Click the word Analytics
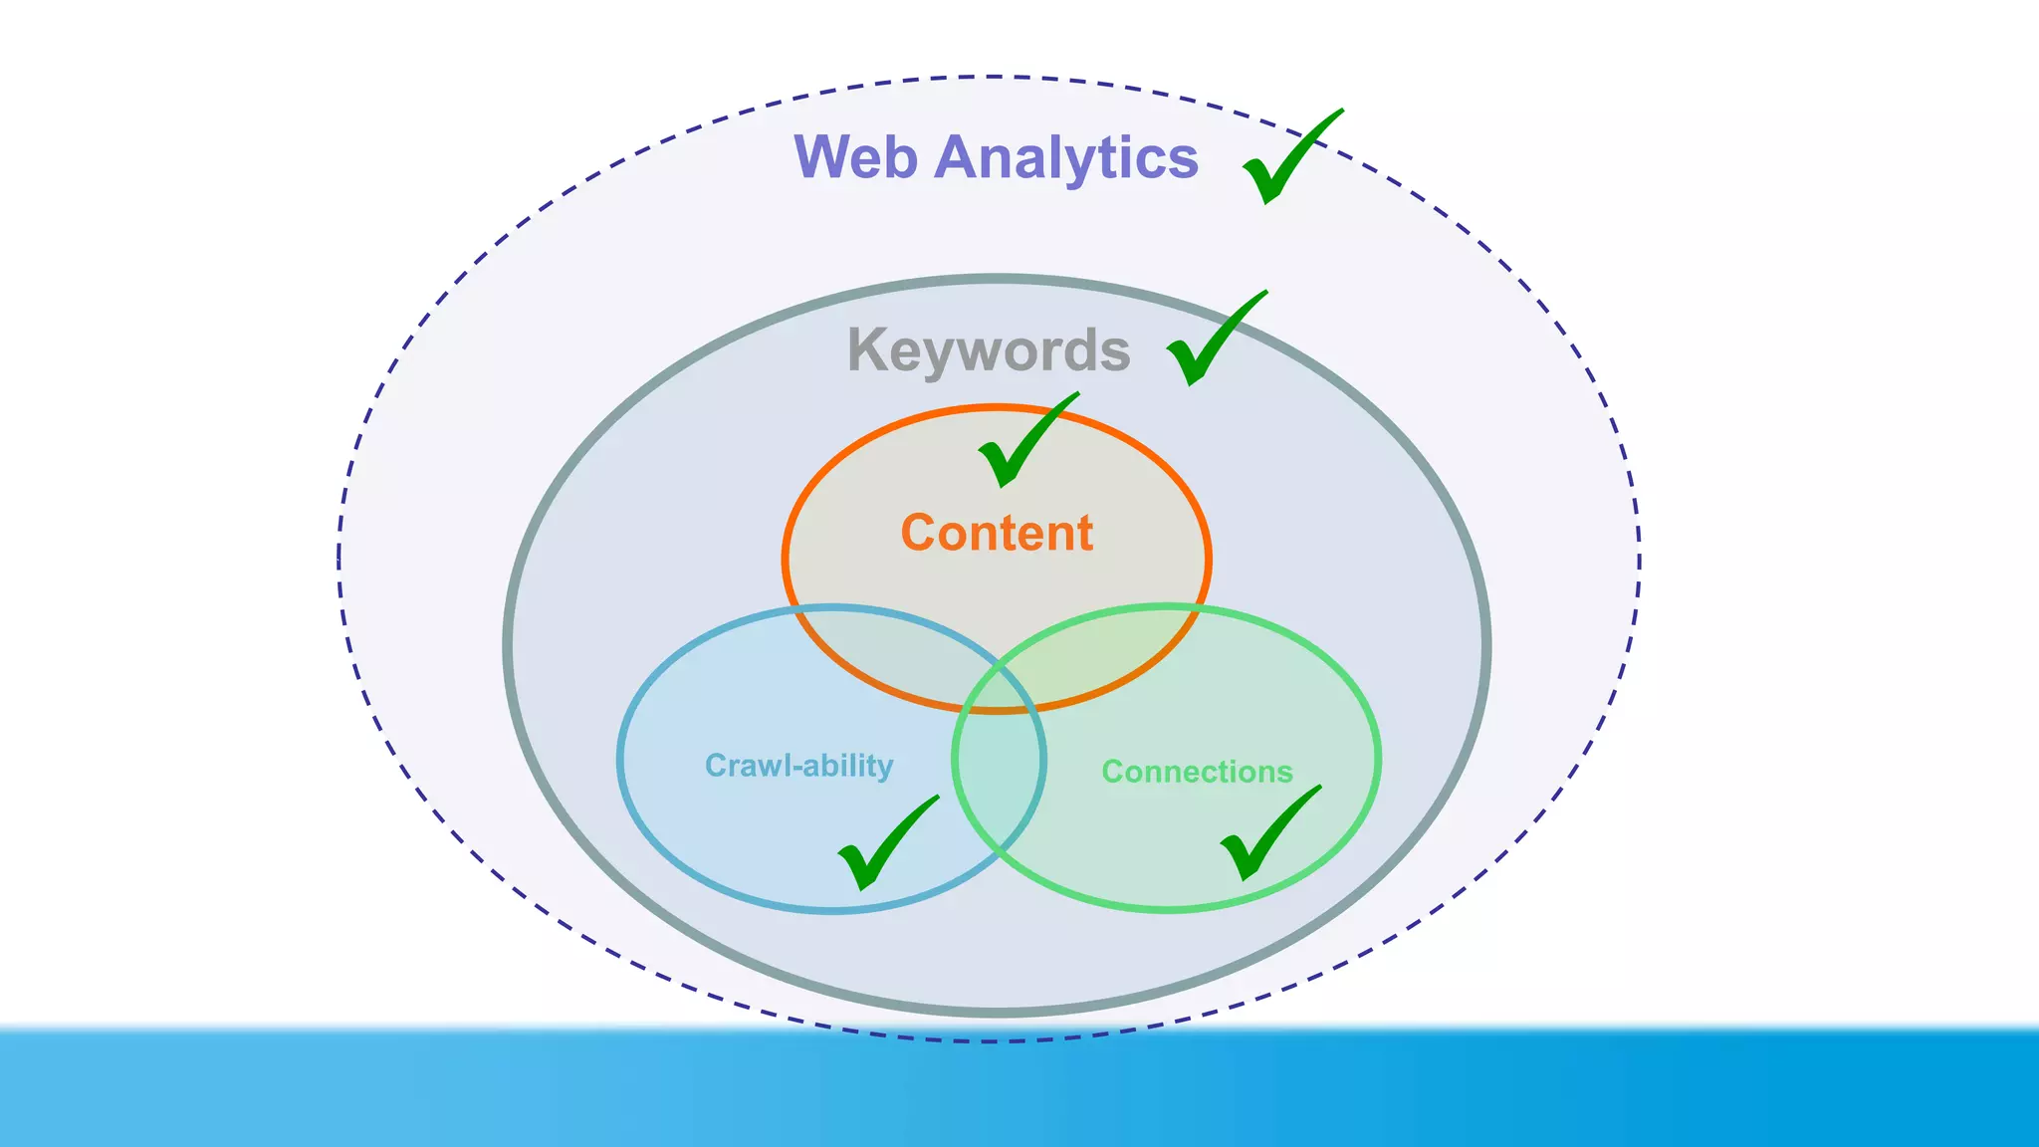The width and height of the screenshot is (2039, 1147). pyautogui.click(x=1065, y=157)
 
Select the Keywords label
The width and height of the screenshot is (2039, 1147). pyautogui.click(x=988, y=350)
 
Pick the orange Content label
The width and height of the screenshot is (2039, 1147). pyautogui.click(x=997, y=533)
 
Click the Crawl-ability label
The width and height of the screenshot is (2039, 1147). pyautogui.click(x=798, y=766)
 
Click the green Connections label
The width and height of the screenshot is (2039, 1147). pyautogui.click(x=1197, y=772)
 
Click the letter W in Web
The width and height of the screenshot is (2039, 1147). pyautogui.click(x=824, y=157)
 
